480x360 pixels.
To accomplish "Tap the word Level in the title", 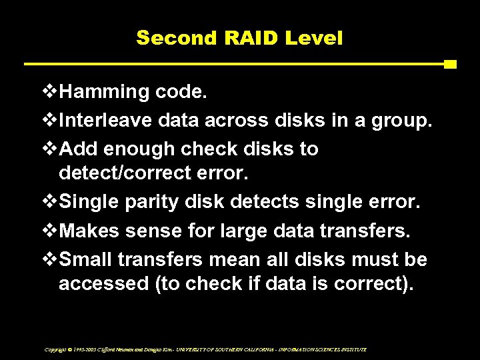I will click(314, 37).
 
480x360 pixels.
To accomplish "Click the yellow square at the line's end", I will click(450, 65).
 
